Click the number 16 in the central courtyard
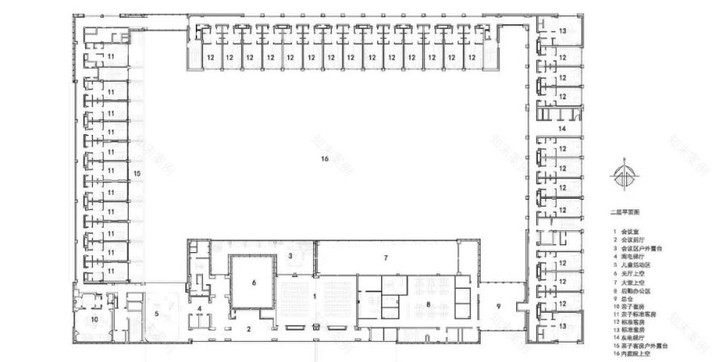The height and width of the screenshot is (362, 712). tap(324, 160)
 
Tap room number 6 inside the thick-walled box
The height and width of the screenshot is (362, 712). tap(253, 283)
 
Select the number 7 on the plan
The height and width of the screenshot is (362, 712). tap(387, 258)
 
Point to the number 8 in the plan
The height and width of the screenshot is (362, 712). tap(427, 305)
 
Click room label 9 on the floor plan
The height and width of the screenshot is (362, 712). tap(499, 305)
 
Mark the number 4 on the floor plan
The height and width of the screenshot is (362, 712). tap(199, 308)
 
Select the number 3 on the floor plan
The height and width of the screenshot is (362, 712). tap(290, 255)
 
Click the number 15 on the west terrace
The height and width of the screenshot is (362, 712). tap(138, 174)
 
